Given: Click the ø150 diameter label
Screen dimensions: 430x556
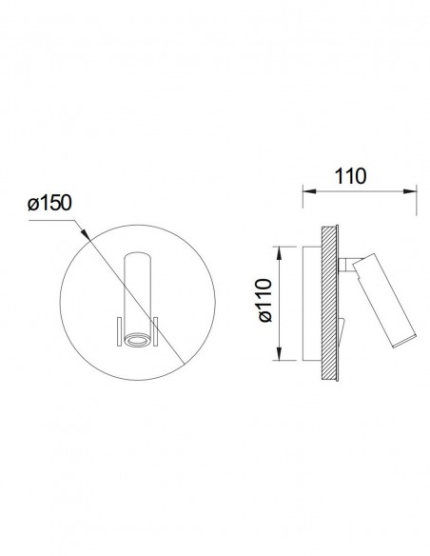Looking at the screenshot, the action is click(49, 203).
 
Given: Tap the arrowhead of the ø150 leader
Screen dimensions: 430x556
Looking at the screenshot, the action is click(85, 234).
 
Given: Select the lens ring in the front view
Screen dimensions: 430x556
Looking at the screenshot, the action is click(137, 341).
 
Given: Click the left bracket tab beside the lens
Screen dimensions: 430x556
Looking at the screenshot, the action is click(119, 331).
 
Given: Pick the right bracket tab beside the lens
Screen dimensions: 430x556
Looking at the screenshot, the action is click(155, 331).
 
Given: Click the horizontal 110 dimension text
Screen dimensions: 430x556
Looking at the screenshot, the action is click(350, 176).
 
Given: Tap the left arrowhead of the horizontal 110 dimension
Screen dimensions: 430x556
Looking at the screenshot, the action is click(309, 191).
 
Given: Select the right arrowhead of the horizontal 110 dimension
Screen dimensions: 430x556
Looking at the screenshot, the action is click(410, 191).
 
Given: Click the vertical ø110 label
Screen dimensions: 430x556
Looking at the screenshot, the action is click(265, 300).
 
